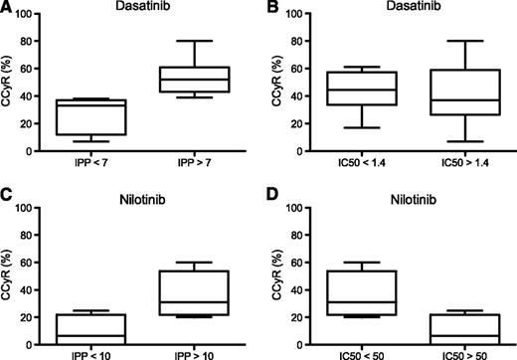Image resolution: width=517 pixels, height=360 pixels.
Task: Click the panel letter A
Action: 6,9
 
